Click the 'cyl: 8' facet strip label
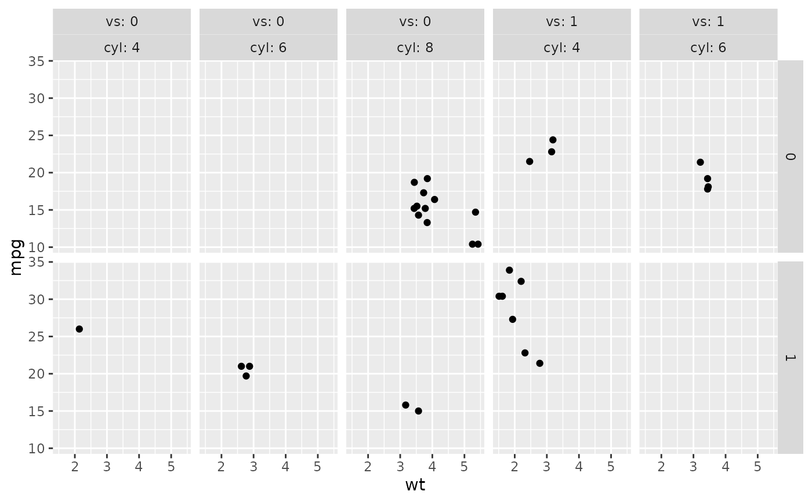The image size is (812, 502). point(415,48)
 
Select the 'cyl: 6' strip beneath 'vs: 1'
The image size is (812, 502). point(708,48)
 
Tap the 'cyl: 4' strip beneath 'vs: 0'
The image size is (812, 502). point(122,48)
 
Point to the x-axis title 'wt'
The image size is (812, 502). point(415,485)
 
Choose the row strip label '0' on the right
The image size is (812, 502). point(790,157)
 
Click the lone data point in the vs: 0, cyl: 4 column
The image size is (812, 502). point(79,329)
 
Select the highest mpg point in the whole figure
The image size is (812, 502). point(509,270)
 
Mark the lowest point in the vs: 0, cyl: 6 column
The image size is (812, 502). point(246,376)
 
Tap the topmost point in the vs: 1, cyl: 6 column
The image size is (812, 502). point(700,162)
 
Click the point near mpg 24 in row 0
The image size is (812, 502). point(553,140)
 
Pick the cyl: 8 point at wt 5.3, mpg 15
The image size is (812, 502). point(476,212)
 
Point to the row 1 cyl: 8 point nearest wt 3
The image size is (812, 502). point(405,405)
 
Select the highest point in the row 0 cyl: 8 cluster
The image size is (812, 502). point(427,179)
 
